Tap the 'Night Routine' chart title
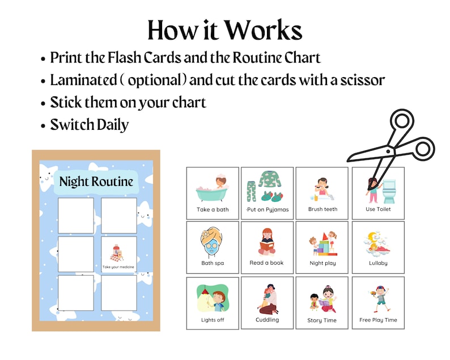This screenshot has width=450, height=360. tap(96, 181)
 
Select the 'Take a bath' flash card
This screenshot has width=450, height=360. tap(213, 193)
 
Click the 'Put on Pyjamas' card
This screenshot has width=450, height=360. tap(268, 193)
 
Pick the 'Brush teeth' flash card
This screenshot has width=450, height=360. tap(322, 193)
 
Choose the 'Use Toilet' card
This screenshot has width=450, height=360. tap(378, 193)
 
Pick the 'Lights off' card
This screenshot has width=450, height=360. tap(213, 303)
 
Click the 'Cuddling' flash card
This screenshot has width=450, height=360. tap(268, 303)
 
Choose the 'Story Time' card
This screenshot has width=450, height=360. tap(322, 303)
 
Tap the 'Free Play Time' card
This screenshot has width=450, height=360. tap(378, 303)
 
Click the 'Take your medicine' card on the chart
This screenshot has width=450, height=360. tap(119, 254)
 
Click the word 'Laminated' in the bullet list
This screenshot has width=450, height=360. tap(83, 80)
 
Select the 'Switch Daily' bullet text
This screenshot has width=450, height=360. tap(90, 124)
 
